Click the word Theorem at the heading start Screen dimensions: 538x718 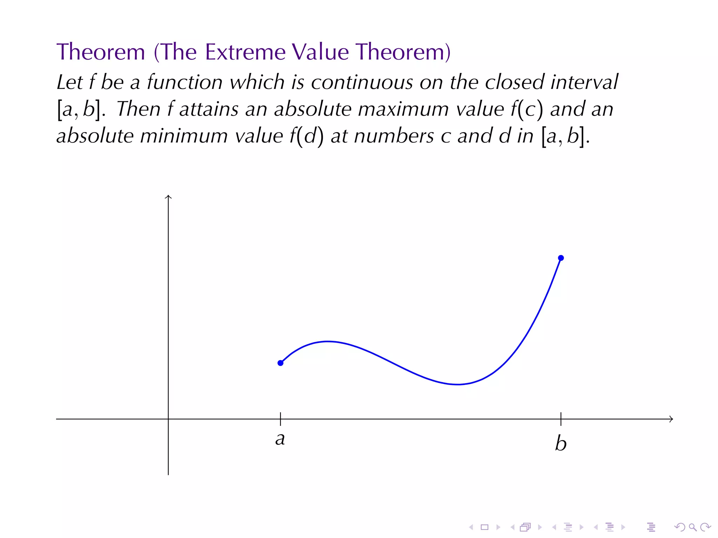[101, 52]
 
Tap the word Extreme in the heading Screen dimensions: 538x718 [245, 52]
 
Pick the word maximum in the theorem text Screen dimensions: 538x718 [403, 109]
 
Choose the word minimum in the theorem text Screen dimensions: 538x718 [184, 136]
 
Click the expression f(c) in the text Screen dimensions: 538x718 [527, 109]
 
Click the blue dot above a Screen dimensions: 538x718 [280, 363]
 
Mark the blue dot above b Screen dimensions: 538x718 [561, 258]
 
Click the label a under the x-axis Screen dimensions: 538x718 [280, 439]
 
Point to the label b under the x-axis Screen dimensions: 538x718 [561, 443]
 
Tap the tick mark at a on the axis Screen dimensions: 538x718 [280, 419]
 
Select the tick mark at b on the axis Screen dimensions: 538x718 [561, 419]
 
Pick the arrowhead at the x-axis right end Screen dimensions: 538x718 [671, 419]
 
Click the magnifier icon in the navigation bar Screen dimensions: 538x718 [692, 527]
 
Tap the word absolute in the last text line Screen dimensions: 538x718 [95, 136]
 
